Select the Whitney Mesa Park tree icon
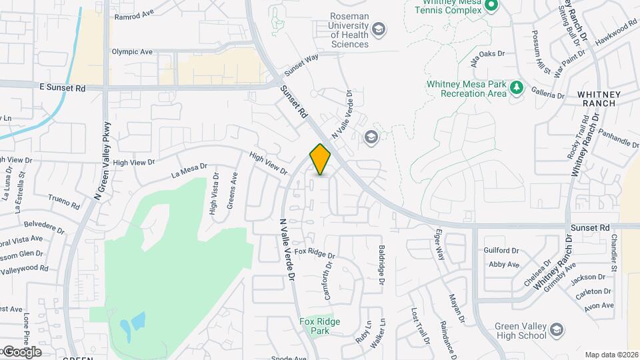(515, 87)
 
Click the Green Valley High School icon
(557, 329)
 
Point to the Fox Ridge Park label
(319, 326)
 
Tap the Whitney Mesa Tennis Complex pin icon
(491, 7)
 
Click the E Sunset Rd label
(63, 87)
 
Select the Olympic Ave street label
(132, 51)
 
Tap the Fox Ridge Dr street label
(315, 253)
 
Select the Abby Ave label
(503, 265)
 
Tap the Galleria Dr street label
(547, 95)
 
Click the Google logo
(21, 351)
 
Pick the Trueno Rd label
(64, 198)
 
